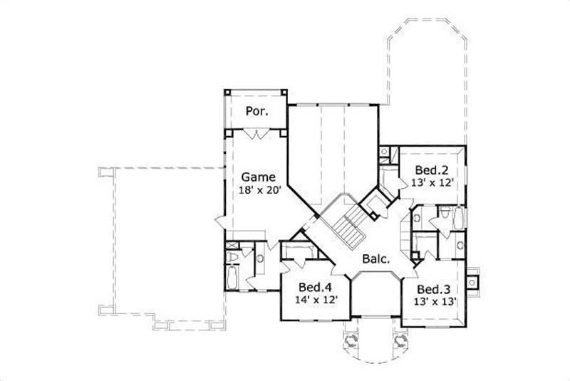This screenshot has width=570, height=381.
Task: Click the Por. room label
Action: click(256, 111)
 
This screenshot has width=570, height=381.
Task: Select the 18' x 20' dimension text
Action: click(261, 190)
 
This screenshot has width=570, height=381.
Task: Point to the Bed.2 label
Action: click(432, 170)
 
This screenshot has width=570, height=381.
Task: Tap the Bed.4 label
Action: click(316, 287)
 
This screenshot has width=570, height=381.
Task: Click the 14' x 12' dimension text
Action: click(316, 300)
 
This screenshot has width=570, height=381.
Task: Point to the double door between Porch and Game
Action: click(256, 133)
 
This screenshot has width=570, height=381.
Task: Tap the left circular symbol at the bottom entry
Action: click(350, 341)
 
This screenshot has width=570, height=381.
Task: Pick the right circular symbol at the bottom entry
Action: click(400, 341)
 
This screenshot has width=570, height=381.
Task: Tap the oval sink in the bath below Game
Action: click(260, 259)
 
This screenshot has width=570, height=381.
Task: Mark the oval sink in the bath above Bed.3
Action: click(460, 245)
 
